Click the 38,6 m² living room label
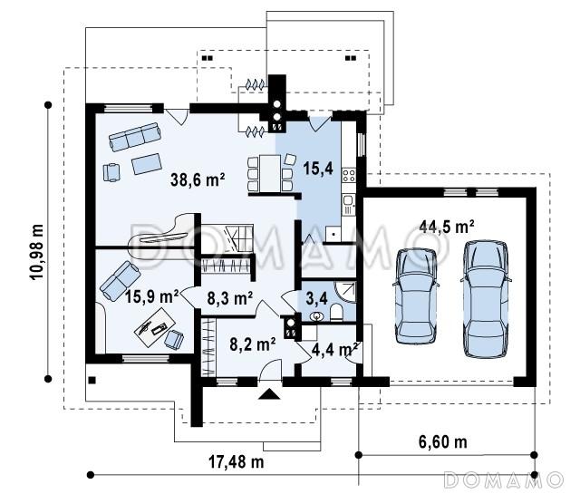click(198, 179)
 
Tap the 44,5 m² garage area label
click(447, 226)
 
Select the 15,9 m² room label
click(152, 296)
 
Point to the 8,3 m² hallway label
click(230, 298)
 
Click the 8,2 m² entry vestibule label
click(253, 344)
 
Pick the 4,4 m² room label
click(334, 349)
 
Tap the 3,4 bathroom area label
click(316, 298)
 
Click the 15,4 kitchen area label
click(318, 168)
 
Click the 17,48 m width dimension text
click(237, 461)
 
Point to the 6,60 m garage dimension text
click(443, 441)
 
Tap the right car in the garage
click(486, 299)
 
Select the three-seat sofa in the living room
click(135, 137)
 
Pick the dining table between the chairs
click(270, 173)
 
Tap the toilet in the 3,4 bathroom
click(336, 312)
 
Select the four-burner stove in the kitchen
click(348, 175)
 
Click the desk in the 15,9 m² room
click(155, 326)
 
